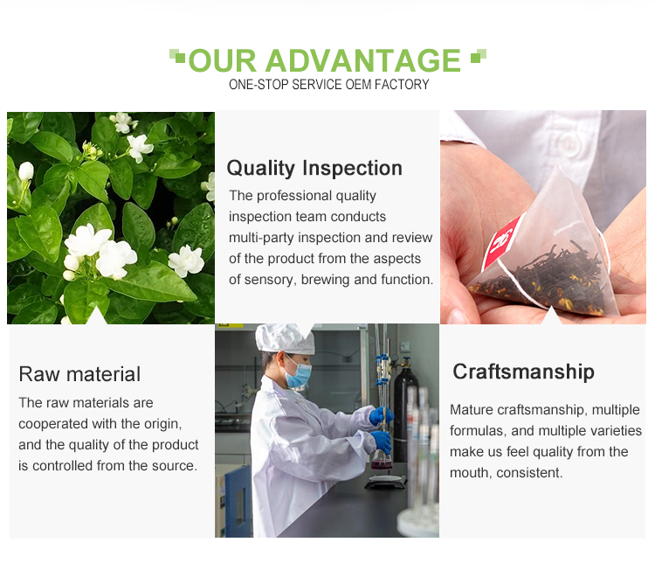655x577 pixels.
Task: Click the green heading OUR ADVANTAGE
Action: click(325, 60)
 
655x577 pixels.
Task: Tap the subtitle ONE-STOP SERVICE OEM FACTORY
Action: click(328, 85)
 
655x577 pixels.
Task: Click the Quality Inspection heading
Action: click(314, 168)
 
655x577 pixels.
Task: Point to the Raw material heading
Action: click(79, 374)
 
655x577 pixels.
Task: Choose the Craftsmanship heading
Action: click(523, 372)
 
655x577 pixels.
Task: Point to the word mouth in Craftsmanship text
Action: click(469, 473)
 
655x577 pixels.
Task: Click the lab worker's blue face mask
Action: click(299, 373)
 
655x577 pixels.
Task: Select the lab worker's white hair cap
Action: click(284, 338)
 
